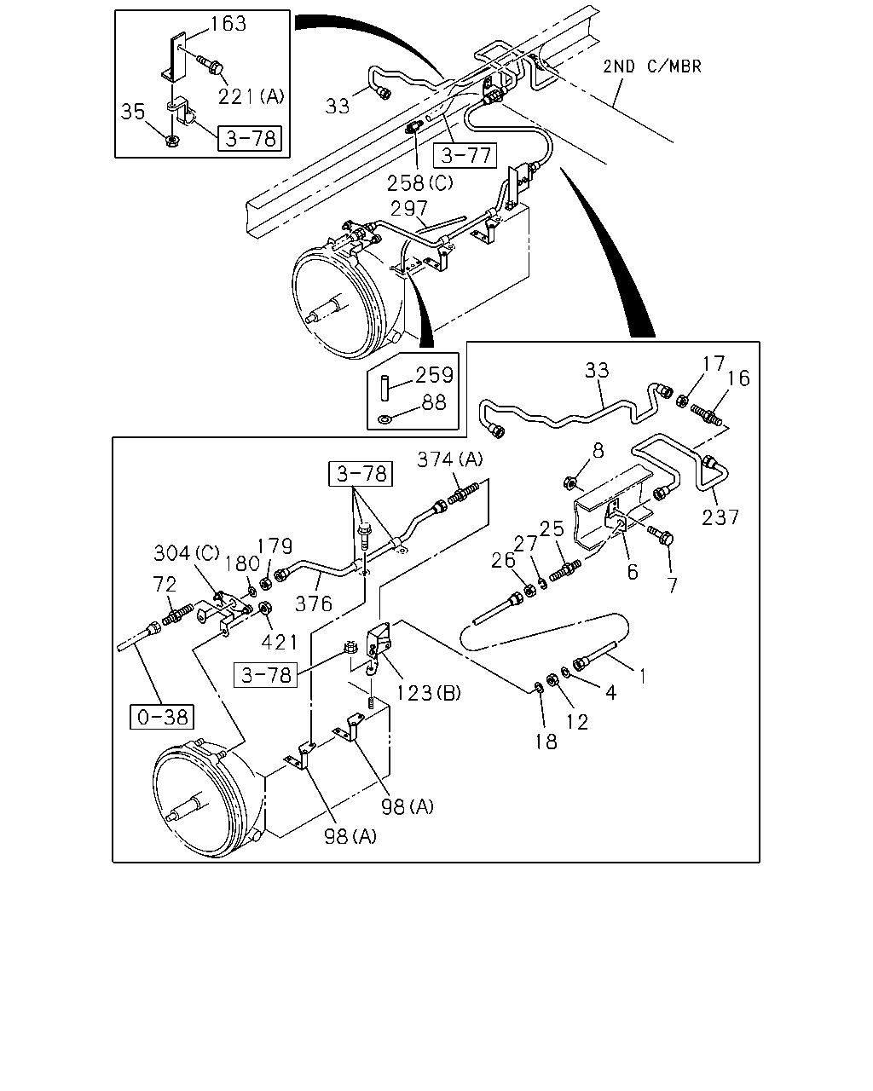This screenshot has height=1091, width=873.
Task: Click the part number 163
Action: coord(228,24)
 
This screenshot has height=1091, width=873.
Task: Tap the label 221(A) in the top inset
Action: coord(251,95)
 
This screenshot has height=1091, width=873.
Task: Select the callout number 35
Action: coord(133,112)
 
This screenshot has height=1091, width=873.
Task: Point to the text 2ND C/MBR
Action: coord(652,66)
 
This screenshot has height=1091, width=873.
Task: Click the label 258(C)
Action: coord(420,183)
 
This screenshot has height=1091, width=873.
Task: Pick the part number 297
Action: coord(409,208)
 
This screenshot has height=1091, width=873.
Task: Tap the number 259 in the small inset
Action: coord(434,375)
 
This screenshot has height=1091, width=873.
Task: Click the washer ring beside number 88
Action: coord(385,419)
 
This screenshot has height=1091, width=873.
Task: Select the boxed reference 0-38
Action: coord(162,717)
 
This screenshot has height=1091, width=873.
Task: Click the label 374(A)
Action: coord(449,459)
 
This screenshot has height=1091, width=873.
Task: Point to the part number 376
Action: coord(314,603)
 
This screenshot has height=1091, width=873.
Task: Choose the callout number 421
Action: coord(280,643)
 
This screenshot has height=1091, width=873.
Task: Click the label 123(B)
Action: coord(428,692)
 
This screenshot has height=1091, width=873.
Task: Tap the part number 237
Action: coord(720,517)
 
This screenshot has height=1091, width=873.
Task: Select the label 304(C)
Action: coord(187,552)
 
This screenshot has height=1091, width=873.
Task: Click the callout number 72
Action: coord(165,584)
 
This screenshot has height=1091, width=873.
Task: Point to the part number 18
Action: coord(546,742)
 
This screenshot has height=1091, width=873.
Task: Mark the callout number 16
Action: coord(738,378)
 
